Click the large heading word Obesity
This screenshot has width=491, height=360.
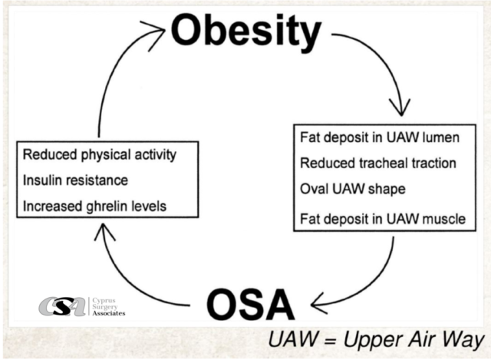tap(246, 32)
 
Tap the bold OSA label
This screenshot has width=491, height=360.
tap(251, 304)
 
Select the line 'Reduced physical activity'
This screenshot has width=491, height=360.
tap(100, 155)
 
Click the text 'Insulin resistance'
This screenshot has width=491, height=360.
tap(75, 180)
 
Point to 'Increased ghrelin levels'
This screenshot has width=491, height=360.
tap(94, 206)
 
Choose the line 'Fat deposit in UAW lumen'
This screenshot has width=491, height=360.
tap(380, 138)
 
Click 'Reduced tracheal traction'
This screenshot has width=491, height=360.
tap(378, 163)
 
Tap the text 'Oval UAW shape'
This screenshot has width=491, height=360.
tap(353, 190)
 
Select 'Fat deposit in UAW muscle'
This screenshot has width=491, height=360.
tap(383, 219)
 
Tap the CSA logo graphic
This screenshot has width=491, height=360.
tap(62, 306)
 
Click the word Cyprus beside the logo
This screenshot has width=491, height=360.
tap(104, 300)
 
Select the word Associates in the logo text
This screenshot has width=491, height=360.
tap(109, 313)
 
